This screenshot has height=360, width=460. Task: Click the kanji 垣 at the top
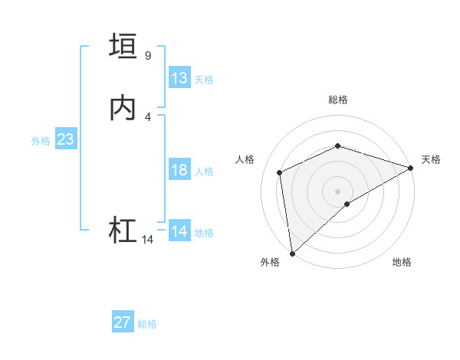coord(123,46)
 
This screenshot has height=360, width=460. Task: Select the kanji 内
coord(123,108)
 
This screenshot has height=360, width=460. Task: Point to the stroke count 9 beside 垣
coord(148,55)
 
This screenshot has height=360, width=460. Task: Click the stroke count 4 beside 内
coord(148,116)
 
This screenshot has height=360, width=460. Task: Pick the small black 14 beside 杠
coord(148,240)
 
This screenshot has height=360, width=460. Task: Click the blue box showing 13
coord(179,78)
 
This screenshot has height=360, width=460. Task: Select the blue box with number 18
coord(179,170)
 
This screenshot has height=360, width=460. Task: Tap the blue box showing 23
coord(65,139)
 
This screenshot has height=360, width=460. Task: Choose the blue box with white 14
coord(179,231)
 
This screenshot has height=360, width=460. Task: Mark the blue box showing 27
coord(123,322)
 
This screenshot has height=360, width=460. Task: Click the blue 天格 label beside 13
coord(204,80)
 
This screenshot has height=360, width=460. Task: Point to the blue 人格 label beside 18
coord(204,172)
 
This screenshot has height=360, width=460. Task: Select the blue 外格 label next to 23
coord(41,141)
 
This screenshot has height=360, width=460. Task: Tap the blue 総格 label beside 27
coord(147,324)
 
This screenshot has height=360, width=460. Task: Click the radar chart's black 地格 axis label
coord(402,262)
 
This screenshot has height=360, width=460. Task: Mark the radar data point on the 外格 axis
coord(292,253)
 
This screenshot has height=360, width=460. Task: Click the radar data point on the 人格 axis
coord(280,172)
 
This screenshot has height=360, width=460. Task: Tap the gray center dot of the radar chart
coord(337,191)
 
